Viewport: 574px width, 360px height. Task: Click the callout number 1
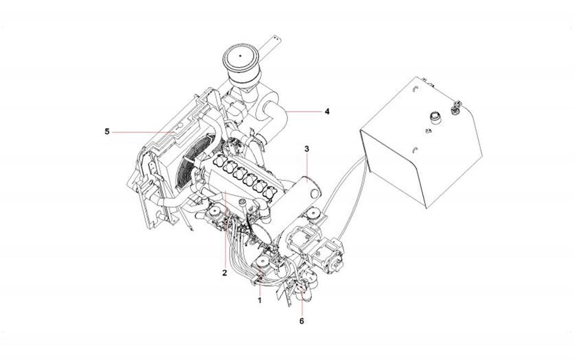[260, 301]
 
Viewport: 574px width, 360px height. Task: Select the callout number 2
[225, 272]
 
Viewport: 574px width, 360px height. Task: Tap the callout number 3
[307, 149]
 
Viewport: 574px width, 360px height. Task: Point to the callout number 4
[327, 111]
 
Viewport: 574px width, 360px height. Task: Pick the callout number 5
[108, 131]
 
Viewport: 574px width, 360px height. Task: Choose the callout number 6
[301, 320]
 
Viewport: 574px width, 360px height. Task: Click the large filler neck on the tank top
[434, 117]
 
